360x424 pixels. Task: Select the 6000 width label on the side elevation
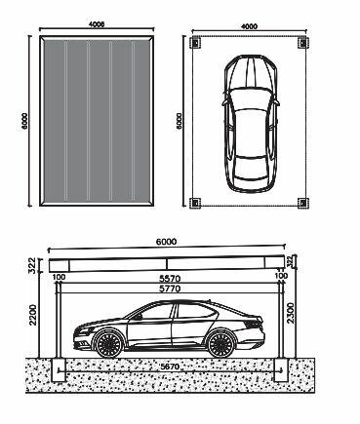pos(168,241)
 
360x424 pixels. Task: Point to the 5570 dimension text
pos(172,277)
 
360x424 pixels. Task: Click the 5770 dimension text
pos(172,289)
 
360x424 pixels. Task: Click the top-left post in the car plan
pos(195,43)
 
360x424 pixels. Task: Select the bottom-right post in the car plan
pos(301,203)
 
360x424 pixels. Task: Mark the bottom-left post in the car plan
pos(195,203)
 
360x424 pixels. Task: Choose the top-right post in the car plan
pos(301,43)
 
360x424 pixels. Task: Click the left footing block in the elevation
pos(56,370)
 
